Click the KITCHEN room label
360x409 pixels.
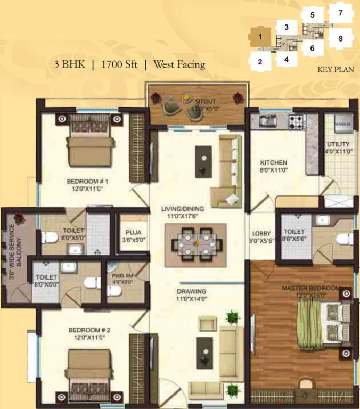[x=274, y=162]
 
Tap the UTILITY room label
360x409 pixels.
[x=338, y=144]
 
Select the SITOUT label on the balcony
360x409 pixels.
[x=205, y=101]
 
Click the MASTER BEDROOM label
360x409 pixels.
[x=310, y=289]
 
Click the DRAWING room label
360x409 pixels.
[x=191, y=291]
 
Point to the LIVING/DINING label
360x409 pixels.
[x=183, y=209]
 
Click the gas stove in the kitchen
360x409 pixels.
[x=296, y=122]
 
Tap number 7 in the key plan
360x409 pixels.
[x=341, y=12]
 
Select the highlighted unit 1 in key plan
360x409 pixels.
[x=260, y=37]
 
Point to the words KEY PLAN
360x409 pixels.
[x=336, y=70]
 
